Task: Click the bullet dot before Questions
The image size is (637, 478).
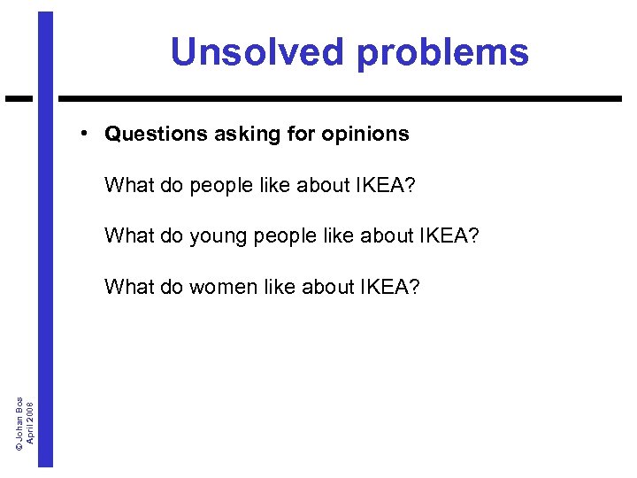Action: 81,133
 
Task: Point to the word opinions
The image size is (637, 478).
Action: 365,135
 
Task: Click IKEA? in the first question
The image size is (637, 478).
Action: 386,185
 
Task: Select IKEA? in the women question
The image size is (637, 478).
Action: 391,286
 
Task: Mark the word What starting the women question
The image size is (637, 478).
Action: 129,286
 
